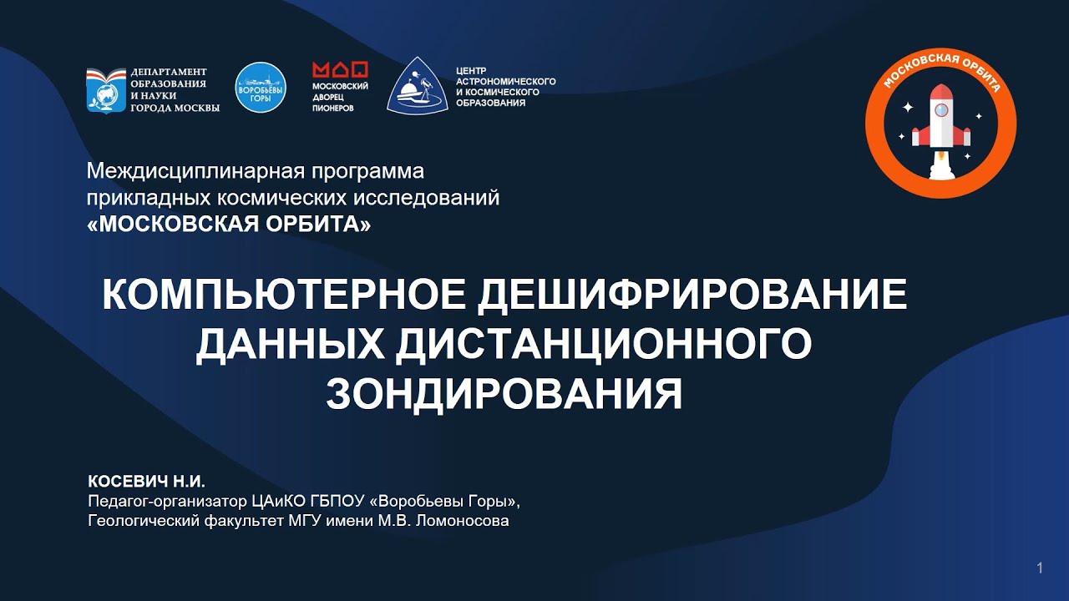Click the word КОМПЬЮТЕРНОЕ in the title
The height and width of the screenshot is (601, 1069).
(x=283, y=295)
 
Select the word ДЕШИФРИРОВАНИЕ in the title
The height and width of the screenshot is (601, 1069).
(x=692, y=295)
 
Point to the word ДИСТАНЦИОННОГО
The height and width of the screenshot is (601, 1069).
(x=603, y=345)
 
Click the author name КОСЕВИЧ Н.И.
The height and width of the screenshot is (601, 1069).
(x=146, y=482)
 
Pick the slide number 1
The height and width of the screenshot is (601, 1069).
(x=1040, y=568)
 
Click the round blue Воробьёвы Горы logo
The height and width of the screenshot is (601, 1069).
(x=261, y=88)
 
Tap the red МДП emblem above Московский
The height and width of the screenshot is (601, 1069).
(x=340, y=69)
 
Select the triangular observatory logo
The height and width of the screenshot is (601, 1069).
(x=417, y=86)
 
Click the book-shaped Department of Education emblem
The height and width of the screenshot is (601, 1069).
(x=106, y=90)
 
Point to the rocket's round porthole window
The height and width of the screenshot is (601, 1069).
(x=941, y=111)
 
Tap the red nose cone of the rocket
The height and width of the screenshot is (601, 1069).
(x=941, y=92)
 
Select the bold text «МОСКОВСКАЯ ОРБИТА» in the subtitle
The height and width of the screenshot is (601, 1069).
(x=229, y=223)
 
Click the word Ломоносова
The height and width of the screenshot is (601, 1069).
(x=462, y=520)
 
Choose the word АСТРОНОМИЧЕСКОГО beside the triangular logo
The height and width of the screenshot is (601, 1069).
(x=506, y=81)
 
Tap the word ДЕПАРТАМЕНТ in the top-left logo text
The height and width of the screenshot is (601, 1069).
(x=169, y=72)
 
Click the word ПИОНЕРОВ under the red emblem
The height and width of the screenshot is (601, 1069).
(x=332, y=109)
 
